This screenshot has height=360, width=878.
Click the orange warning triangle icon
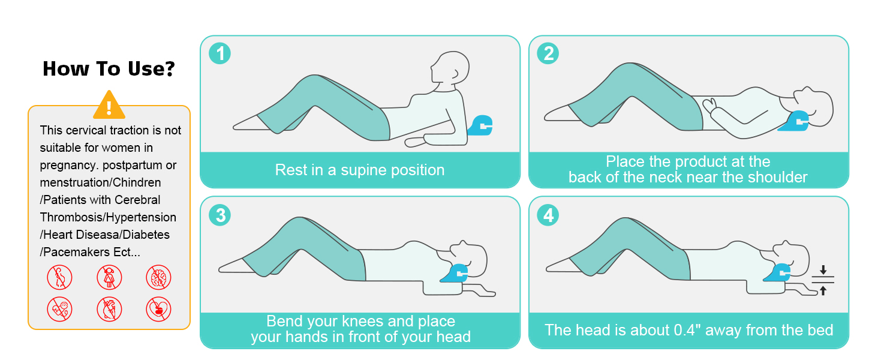coord(109,105)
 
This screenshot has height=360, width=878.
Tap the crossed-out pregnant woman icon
coord(59,277)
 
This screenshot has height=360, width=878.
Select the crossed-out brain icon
coord(158,277)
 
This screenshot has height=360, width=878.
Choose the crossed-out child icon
coord(109,277)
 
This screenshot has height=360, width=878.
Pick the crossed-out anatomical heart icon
coord(109,309)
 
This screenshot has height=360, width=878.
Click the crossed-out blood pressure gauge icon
coord(59,309)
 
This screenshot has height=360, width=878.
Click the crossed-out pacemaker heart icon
coord(158,309)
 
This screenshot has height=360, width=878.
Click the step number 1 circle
coord(220,53)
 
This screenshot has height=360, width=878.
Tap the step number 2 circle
coord(548,53)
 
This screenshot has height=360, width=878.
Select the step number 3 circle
coord(220,215)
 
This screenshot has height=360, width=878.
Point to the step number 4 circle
coord(548,215)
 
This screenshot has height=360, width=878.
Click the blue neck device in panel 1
coord(480,125)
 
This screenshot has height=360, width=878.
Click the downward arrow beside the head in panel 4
coord(823,270)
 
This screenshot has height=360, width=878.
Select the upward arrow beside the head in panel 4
coord(823,290)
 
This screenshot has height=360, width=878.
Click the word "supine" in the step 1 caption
coord(363,170)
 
